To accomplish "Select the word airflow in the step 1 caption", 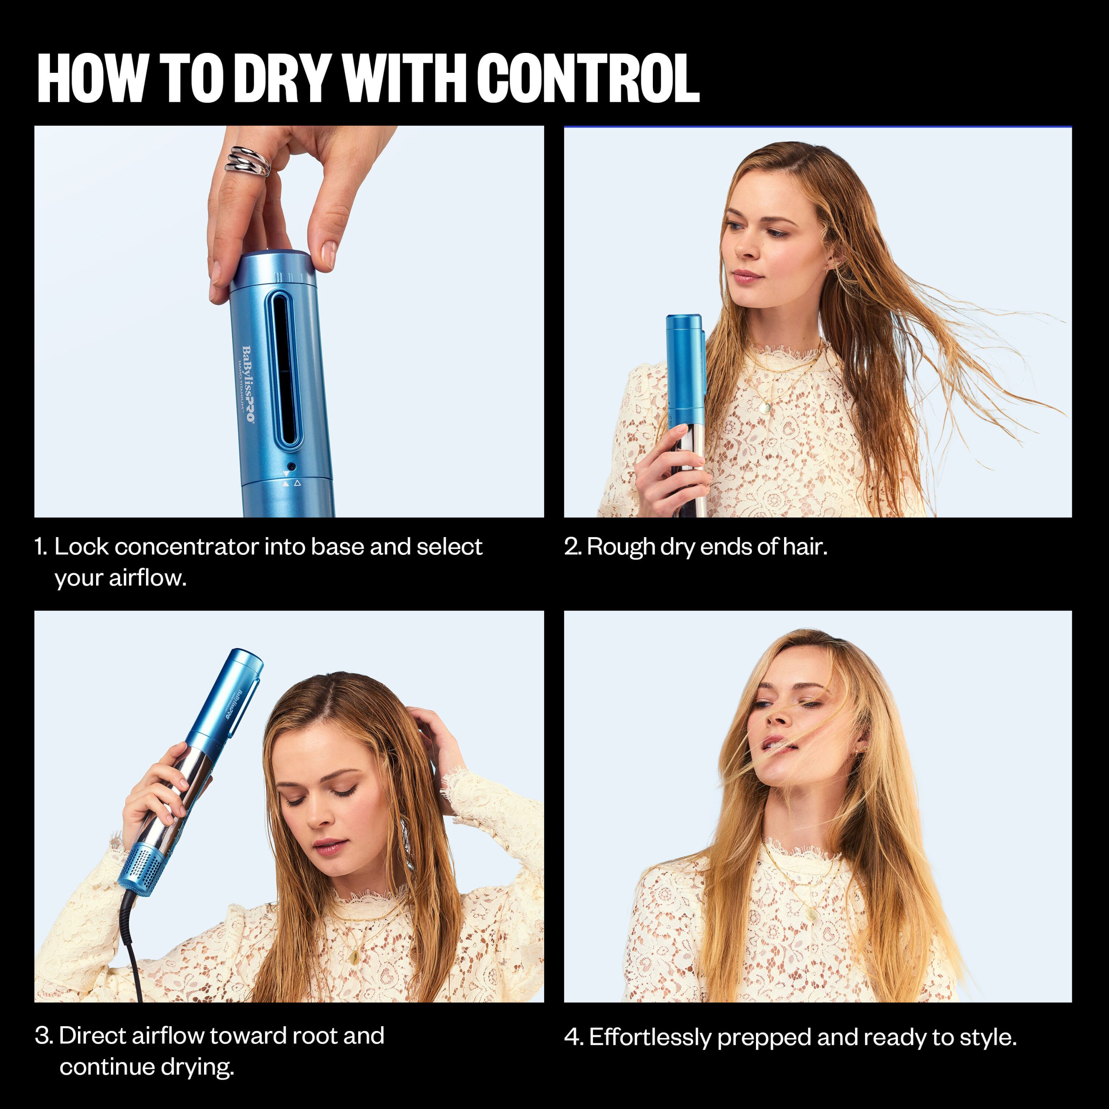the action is tap(148, 577).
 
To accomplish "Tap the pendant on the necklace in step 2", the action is tap(764, 408).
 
